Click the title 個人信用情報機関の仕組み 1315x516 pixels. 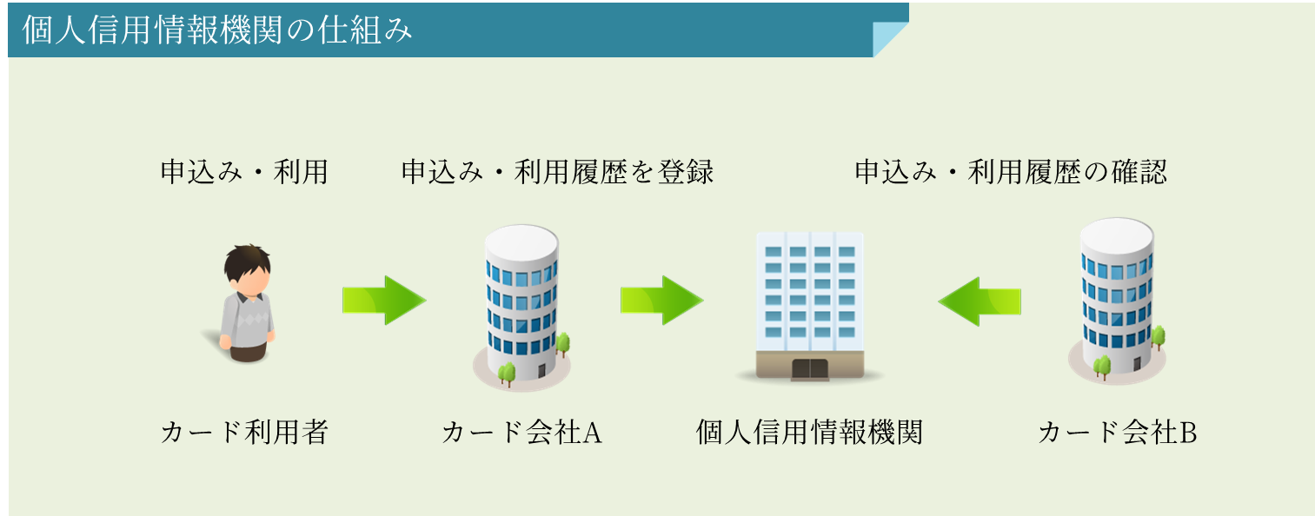click(x=217, y=30)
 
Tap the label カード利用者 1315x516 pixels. click(x=244, y=433)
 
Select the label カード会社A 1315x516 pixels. click(x=521, y=433)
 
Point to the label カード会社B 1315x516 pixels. click(x=1117, y=433)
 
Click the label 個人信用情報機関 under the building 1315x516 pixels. click(x=809, y=433)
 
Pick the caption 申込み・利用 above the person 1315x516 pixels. click(x=244, y=172)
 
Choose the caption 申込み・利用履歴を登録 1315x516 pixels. click(x=557, y=172)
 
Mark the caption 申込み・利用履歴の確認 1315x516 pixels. click(x=1011, y=172)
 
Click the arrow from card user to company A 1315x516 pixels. click(x=384, y=300)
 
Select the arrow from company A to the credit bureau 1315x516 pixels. click(x=661, y=300)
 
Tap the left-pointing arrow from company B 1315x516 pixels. click(x=980, y=301)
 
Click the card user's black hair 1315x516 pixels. click(x=247, y=263)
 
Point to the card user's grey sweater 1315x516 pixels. click(x=248, y=320)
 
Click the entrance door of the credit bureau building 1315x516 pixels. click(x=809, y=369)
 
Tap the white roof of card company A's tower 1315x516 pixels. click(x=521, y=241)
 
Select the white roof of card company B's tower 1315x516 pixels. click(x=1117, y=235)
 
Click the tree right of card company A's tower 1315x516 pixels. click(x=563, y=345)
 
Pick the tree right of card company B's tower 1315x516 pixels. click(x=1159, y=338)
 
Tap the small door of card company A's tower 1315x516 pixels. click(x=541, y=370)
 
